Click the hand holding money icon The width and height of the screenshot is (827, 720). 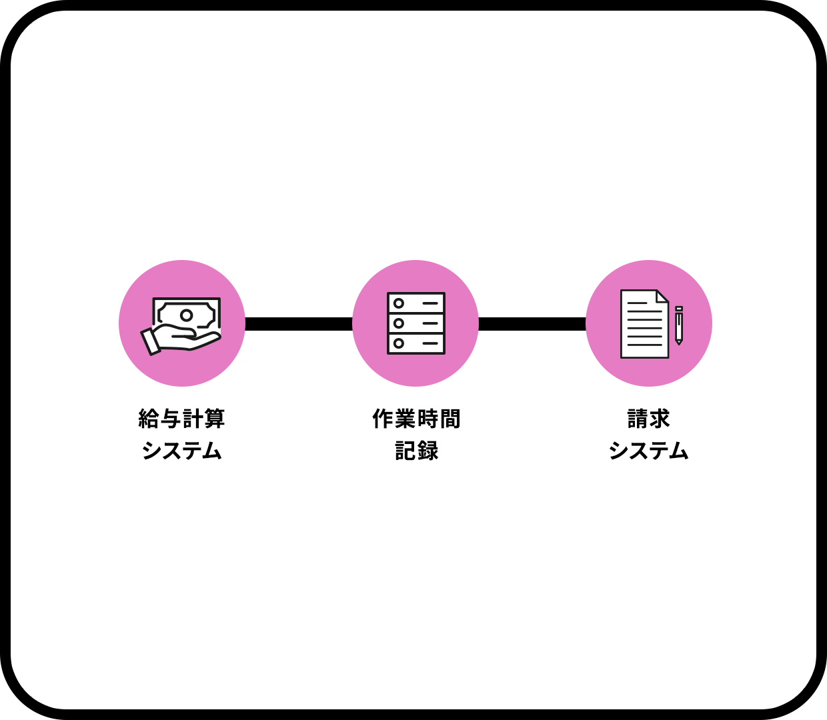tap(181, 325)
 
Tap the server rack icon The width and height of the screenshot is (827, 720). tap(416, 323)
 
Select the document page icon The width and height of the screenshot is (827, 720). tap(644, 324)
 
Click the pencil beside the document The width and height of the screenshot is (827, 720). tap(679, 325)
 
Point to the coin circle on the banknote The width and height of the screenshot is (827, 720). tap(187, 315)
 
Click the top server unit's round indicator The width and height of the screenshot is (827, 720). tap(399, 303)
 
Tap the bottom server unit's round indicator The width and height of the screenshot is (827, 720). tap(399, 343)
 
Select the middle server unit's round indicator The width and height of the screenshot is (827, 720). tap(399, 323)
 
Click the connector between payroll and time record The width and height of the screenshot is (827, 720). tap(299, 324)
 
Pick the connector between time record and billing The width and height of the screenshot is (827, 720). tap(532, 324)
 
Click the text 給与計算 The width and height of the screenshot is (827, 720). tap(181, 419)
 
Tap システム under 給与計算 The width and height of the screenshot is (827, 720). tap(181, 451)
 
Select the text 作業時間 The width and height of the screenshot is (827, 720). tap(416, 419)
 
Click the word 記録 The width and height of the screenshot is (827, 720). tap(416, 451)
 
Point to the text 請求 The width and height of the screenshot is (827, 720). tap(648, 419)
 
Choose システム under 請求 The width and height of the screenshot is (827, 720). tap(648, 451)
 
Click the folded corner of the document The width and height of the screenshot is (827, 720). tap(662, 297)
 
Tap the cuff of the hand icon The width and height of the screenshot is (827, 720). tap(151, 341)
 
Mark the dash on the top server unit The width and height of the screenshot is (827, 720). tap(430, 303)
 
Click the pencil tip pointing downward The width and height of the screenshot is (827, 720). tap(679, 342)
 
